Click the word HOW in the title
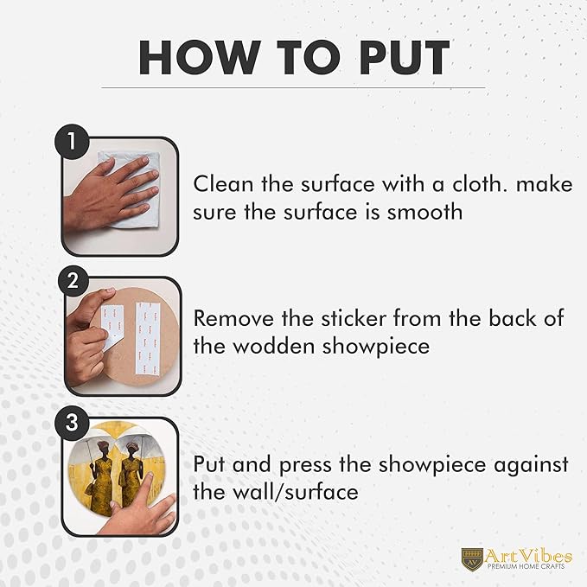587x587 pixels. [x=199, y=58]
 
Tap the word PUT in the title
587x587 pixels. [x=405, y=58]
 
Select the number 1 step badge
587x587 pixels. [x=72, y=143]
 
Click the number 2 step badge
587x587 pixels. [x=73, y=281]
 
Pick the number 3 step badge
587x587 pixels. [x=72, y=422]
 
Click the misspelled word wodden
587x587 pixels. [x=274, y=346]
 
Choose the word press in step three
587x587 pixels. [x=305, y=465]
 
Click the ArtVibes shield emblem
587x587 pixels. [x=472, y=559]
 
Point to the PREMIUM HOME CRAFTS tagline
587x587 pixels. [x=526, y=567]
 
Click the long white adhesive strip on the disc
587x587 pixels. [x=147, y=338]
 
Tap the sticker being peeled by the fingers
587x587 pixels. [x=112, y=327]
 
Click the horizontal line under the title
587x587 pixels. [x=293, y=88]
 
